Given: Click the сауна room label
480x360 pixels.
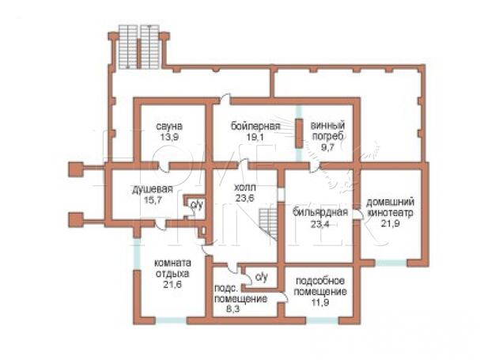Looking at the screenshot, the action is [x=169, y=126].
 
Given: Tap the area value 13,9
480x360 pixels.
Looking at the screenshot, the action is [x=169, y=137].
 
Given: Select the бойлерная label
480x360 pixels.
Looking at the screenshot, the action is [x=255, y=126].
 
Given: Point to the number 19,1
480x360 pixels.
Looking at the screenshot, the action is [x=255, y=137].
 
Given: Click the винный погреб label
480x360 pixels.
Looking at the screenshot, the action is [x=327, y=131].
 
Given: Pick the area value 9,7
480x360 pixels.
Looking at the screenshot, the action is [x=327, y=147].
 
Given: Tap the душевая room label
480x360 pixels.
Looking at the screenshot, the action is [x=152, y=189].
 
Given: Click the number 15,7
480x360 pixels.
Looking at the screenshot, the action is [x=153, y=200].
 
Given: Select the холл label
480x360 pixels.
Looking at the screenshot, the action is [x=244, y=187].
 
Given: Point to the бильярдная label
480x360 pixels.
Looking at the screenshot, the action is [x=320, y=212].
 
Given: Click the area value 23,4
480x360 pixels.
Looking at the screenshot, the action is [x=320, y=224].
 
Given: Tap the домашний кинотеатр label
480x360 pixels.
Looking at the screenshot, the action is [x=391, y=207].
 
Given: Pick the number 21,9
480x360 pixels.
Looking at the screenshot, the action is [x=391, y=223].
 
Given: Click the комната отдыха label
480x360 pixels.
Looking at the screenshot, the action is [x=172, y=268].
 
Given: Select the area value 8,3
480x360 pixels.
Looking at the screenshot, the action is [x=233, y=309].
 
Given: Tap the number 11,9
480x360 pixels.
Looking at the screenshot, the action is [x=320, y=303].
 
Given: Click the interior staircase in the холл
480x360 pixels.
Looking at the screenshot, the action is [x=268, y=223].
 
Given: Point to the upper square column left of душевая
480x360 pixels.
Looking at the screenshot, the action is [x=75, y=169].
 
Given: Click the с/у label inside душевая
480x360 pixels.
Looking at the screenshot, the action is [x=197, y=204].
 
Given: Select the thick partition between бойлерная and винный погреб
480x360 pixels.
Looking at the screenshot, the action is [x=299, y=133].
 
